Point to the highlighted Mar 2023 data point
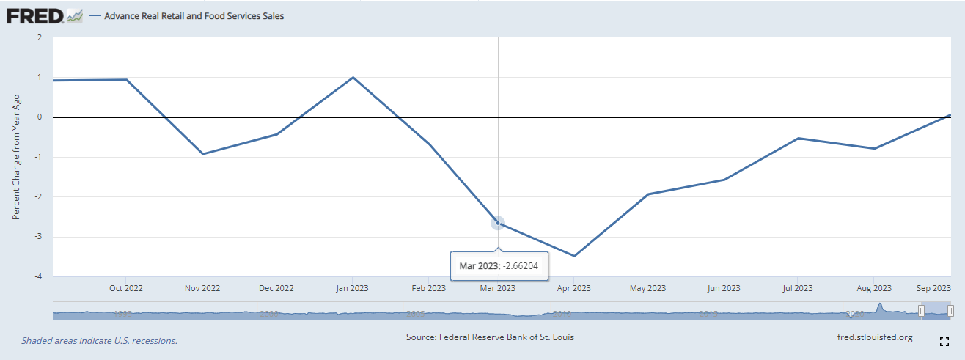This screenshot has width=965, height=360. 498,223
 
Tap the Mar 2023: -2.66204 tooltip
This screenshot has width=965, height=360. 499,265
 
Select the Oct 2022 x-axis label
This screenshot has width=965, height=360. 127,288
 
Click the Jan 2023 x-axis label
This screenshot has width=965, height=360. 352,288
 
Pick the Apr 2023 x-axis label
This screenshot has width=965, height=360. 573,288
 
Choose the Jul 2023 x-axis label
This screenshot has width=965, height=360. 797,288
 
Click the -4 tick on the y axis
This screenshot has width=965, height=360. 39,276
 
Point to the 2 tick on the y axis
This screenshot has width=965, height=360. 40,37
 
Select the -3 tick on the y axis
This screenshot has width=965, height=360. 39,237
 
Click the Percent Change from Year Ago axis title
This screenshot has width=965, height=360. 16,157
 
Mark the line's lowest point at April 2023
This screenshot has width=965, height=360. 574,256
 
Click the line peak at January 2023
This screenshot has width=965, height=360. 353,77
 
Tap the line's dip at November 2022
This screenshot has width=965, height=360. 203,154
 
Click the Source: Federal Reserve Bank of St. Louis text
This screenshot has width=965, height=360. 490,337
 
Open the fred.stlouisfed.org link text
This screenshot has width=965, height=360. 874,337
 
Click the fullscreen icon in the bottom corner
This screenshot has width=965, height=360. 944,341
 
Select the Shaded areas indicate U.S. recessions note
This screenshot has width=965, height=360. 99,341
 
